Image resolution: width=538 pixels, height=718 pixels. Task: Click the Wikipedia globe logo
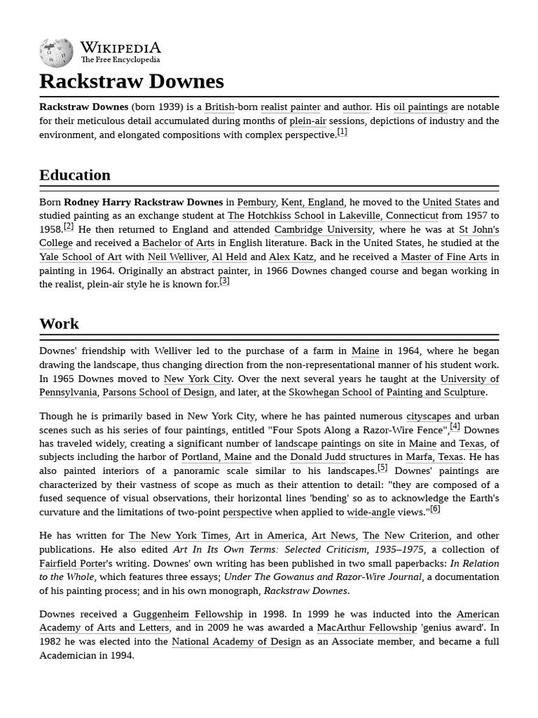(x=56, y=53)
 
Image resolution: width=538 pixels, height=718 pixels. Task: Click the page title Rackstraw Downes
(x=132, y=81)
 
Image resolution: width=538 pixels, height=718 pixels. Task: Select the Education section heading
(x=75, y=175)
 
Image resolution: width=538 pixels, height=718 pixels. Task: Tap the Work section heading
(x=59, y=323)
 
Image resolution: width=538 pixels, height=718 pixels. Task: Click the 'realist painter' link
(x=290, y=107)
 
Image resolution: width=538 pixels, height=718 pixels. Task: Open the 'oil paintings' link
(x=420, y=107)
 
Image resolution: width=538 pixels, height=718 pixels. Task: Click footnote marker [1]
(x=342, y=132)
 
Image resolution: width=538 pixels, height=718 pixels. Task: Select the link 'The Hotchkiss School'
(x=276, y=216)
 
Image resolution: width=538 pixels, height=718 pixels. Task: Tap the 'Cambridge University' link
(x=323, y=229)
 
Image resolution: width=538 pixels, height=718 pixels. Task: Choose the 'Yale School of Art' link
(x=81, y=257)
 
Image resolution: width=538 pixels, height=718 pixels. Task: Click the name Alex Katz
(x=291, y=257)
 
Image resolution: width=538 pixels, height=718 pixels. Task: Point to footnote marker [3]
(x=224, y=281)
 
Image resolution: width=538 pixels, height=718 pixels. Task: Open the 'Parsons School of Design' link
(x=158, y=393)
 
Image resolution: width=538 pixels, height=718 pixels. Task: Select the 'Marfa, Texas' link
(x=434, y=456)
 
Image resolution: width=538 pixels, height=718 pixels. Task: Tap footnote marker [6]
(x=435, y=509)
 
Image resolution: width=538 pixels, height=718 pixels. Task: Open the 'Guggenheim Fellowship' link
(x=188, y=614)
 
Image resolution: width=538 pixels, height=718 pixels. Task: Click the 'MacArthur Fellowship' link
(x=367, y=628)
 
